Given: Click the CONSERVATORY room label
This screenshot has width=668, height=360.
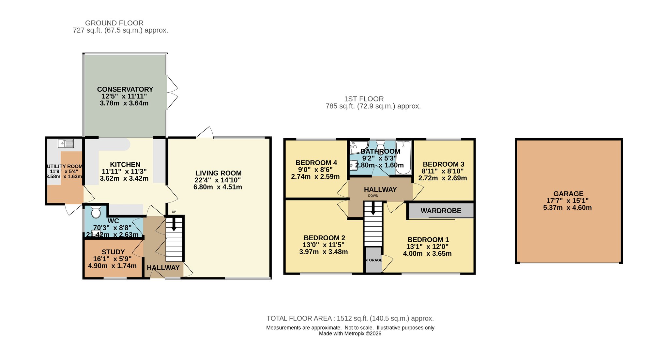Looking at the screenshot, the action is (x=125, y=89).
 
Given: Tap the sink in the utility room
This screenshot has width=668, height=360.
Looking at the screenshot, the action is (x=66, y=143).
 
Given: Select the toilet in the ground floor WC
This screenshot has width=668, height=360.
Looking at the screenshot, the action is (x=96, y=212).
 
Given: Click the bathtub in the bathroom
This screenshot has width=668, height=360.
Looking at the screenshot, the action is (x=403, y=157).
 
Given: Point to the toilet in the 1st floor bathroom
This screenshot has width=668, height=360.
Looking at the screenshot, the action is (x=380, y=146).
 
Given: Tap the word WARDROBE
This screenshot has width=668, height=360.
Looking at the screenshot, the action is (x=441, y=211).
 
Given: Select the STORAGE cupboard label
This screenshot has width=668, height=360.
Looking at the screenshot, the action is (x=374, y=260).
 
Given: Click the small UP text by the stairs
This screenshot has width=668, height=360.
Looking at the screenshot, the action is (x=174, y=212).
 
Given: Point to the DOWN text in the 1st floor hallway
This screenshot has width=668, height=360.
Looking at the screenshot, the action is (x=373, y=196).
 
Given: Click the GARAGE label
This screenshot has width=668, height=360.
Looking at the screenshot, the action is (x=569, y=194).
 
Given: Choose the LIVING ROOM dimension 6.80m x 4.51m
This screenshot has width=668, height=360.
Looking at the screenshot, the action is (x=218, y=187).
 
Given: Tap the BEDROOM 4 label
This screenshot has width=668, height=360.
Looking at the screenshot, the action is (x=316, y=163).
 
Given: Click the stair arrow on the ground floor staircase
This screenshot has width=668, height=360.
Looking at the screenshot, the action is (x=174, y=224).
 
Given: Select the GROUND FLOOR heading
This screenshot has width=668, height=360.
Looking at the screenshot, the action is (x=114, y=23).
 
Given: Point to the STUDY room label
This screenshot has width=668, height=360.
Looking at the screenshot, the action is (x=113, y=252).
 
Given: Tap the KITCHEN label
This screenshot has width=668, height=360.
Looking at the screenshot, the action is (x=125, y=165).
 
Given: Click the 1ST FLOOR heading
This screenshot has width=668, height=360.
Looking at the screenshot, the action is (x=364, y=99).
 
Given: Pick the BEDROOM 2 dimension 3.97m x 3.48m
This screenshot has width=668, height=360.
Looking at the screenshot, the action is (x=324, y=252).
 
